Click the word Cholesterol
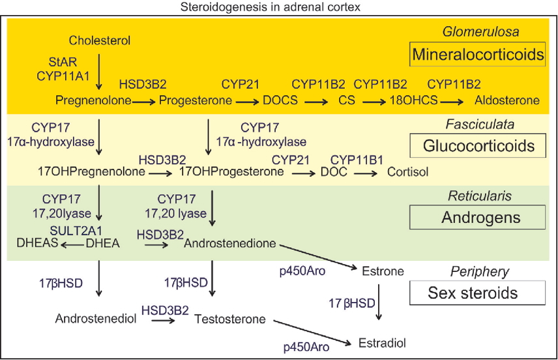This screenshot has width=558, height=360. [100, 40]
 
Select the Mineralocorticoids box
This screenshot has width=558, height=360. [477, 55]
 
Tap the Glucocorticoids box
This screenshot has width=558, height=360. [477, 147]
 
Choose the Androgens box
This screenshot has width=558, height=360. [477, 217]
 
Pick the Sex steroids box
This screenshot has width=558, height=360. [477, 293]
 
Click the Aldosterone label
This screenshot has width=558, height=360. [508, 100]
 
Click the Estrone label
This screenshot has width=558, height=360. [383, 270]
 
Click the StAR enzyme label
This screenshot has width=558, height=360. [65, 63]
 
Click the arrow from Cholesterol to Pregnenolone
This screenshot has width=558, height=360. [99, 72]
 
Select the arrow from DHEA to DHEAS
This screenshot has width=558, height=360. [72, 243]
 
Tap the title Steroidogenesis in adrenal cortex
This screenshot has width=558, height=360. [278, 7]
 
